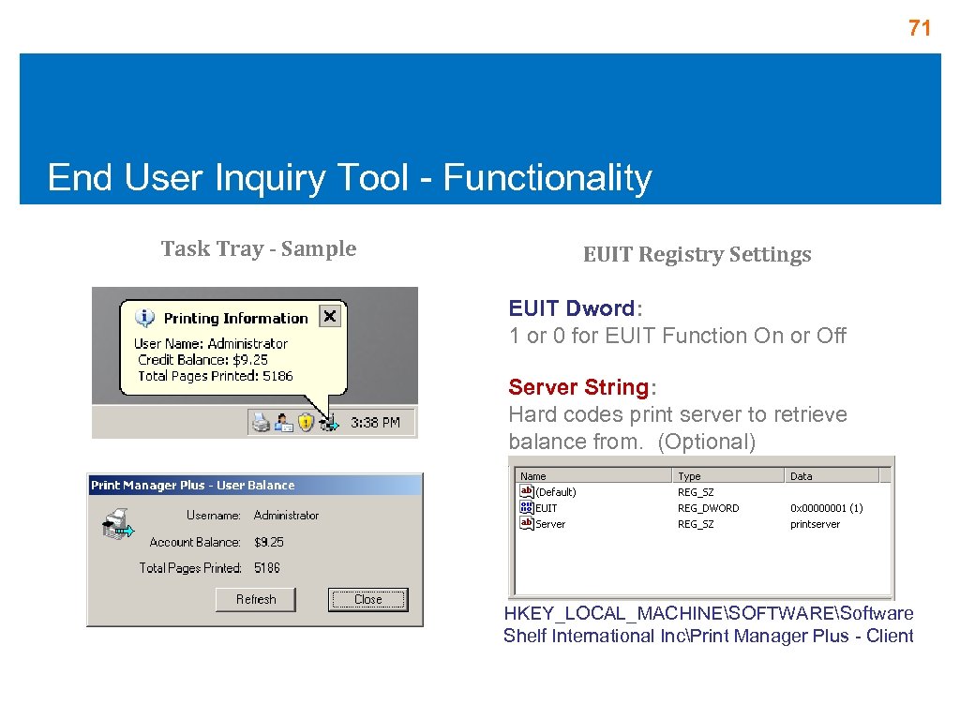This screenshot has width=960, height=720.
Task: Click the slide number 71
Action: point(920,29)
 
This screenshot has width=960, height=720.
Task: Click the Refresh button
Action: point(256,599)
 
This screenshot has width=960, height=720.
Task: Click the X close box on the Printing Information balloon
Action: point(329,317)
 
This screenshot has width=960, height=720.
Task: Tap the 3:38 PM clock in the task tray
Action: point(375,423)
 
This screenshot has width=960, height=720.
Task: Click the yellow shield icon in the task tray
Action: point(306,423)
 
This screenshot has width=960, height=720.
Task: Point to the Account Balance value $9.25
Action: point(269,542)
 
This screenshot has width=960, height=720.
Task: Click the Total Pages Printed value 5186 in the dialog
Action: point(267,568)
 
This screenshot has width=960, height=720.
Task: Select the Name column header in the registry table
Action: point(533,476)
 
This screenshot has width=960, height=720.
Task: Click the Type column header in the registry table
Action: point(689,476)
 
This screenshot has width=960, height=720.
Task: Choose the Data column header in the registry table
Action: point(802,476)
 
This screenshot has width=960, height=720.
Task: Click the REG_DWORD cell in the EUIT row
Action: point(708,508)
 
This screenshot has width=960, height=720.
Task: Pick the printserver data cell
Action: point(815,524)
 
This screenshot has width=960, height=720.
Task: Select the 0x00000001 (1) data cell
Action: point(826,508)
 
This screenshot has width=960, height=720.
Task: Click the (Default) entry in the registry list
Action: point(555,492)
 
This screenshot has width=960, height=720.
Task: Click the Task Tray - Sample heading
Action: point(259,248)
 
